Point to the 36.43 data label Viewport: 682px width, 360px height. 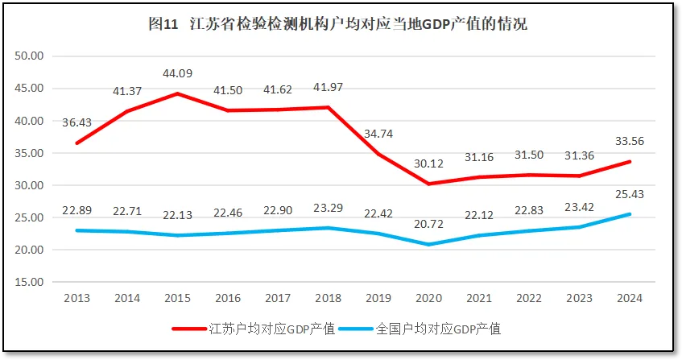coord(77,122)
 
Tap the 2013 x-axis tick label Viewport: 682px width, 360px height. coord(77,297)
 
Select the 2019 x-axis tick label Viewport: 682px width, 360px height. coord(378,297)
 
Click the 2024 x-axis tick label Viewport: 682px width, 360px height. coord(629,297)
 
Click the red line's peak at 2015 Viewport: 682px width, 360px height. coord(177,94)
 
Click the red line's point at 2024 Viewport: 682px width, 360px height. coord(629,162)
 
